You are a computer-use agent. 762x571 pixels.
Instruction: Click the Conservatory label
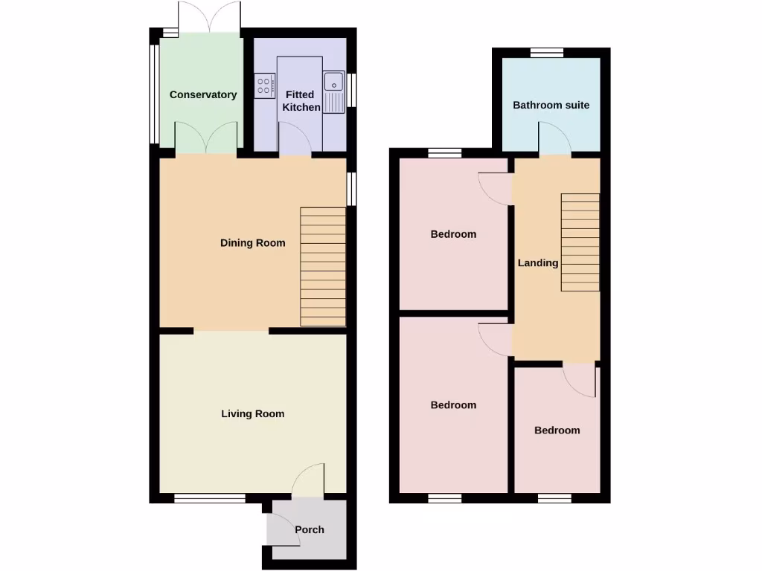203,94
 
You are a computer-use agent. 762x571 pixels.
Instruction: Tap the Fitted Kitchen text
301,101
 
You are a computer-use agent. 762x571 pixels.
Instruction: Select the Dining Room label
252,242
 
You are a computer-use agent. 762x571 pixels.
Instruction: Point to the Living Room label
252,413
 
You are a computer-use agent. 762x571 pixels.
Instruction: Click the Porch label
310,529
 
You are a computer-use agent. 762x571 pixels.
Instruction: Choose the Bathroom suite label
551,105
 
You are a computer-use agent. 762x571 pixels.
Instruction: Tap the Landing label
538,262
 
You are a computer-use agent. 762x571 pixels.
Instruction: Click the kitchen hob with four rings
264,85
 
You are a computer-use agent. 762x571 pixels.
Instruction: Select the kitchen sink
333,92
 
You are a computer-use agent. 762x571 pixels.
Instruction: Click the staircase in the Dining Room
323,266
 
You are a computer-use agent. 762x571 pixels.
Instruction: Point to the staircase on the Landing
580,242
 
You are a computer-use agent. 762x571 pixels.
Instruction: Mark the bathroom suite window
547,52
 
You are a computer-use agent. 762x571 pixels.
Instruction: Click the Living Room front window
210,498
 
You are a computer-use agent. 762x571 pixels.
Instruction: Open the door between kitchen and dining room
295,140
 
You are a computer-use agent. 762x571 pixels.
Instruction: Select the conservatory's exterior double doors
210,16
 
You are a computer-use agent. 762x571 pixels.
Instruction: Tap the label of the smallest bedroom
557,430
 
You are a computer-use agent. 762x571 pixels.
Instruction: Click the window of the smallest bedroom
554,498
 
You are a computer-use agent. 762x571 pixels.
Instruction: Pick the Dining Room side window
351,188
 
